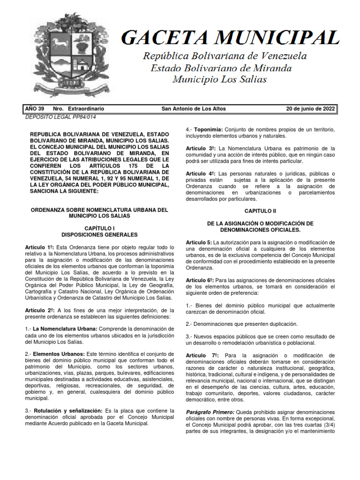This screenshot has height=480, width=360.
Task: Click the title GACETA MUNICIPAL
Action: (230, 37)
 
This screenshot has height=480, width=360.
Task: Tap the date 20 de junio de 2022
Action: (310, 109)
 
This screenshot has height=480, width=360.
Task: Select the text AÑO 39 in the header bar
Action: (34, 109)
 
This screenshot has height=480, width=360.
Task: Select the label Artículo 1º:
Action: (39, 247)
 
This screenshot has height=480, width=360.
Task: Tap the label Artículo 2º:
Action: (39, 310)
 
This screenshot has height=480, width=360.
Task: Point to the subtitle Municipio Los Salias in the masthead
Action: (219, 79)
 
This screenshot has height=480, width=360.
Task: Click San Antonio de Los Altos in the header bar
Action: (193, 109)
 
